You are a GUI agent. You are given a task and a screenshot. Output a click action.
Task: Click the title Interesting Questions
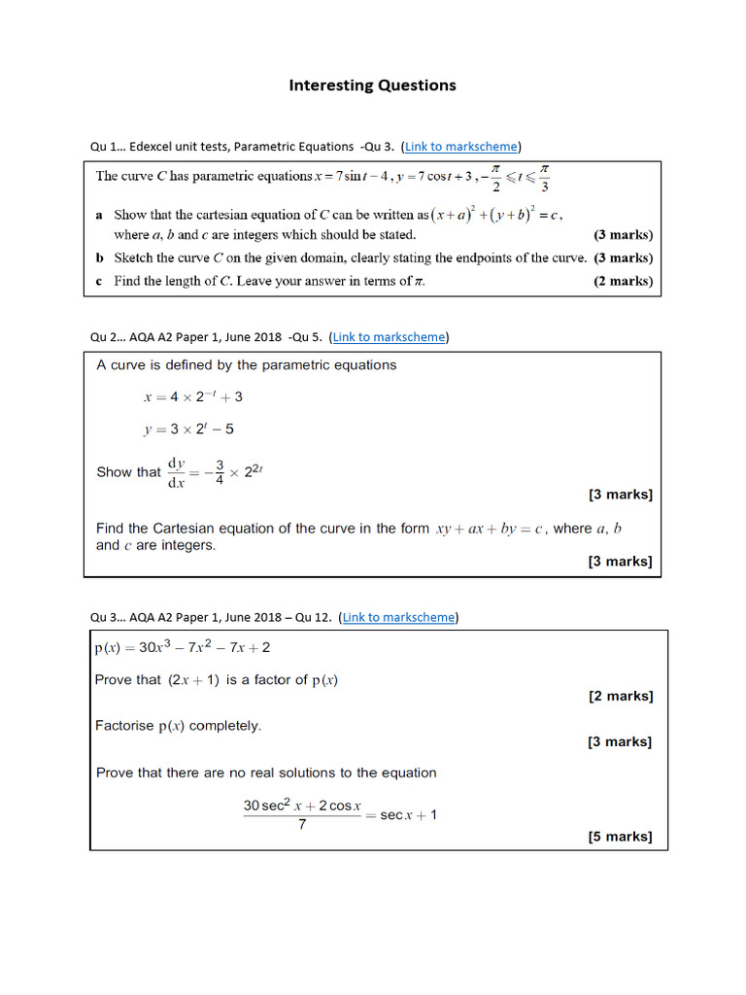click(372, 86)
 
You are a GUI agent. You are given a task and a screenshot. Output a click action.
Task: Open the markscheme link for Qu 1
click(461, 147)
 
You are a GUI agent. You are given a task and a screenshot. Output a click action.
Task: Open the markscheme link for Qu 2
click(390, 337)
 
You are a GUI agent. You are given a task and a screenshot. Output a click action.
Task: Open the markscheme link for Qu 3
click(399, 617)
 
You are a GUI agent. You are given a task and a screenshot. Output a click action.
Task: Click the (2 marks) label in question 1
click(623, 281)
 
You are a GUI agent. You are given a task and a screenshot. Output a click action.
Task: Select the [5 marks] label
click(620, 837)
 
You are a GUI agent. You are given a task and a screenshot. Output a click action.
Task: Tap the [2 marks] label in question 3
click(621, 696)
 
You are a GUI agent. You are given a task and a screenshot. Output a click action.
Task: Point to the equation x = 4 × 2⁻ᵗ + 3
click(192, 396)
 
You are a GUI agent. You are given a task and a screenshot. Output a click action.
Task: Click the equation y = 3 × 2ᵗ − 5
click(188, 429)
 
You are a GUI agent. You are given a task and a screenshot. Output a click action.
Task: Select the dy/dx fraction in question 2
click(178, 471)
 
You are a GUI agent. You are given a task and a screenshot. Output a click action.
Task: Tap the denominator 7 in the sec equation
click(302, 825)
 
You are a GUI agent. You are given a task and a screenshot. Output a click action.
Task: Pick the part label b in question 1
click(100, 258)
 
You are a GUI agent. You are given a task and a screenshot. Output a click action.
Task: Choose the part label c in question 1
click(100, 281)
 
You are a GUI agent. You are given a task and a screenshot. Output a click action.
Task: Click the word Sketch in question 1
click(134, 258)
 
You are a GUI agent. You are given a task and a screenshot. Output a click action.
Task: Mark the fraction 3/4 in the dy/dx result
click(220, 471)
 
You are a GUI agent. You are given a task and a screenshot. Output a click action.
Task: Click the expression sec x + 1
click(408, 815)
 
